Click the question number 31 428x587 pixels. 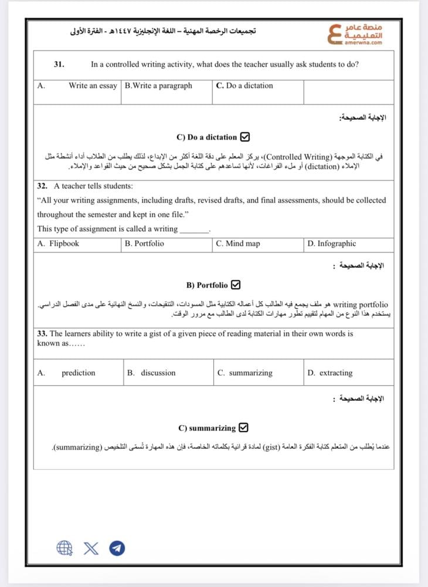tap(59, 65)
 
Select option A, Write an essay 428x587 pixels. tap(93, 86)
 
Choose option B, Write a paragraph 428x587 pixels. tap(158, 86)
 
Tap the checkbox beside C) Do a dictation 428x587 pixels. tap(245, 137)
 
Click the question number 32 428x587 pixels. tap(42, 186)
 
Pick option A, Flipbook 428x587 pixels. tap(58, 244)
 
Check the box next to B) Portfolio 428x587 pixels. tap(236, 285)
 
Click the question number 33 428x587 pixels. tap(42, 333)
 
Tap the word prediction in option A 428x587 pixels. tap(78, 373)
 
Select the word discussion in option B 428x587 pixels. tap(158, 373)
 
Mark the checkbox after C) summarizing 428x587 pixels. tap(244, 428)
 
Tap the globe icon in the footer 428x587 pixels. tap(64, 548)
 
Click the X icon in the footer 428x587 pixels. tap(91, 548)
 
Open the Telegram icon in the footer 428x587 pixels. tap(117, 548)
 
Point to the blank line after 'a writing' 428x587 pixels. tap(194, 229)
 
